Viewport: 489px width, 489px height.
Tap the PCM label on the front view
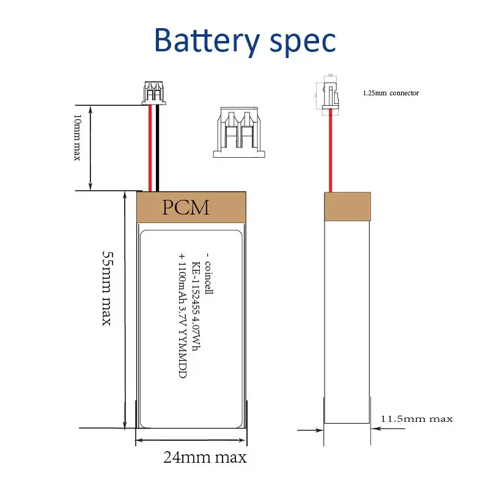coord(186,207)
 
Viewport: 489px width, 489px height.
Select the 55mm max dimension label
coord(108,287)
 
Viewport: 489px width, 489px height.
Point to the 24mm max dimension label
coord(205,457)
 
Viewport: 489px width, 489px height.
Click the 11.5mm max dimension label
coord(417,419)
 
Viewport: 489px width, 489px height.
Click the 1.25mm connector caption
coord(390,93)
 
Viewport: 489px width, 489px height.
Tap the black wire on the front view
coord(158,147)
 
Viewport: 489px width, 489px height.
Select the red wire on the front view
coord(150,147)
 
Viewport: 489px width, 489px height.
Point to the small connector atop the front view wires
coord(153,94)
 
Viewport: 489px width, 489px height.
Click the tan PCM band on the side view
coord(347,206)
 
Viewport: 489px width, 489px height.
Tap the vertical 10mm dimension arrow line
coord(91,147)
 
